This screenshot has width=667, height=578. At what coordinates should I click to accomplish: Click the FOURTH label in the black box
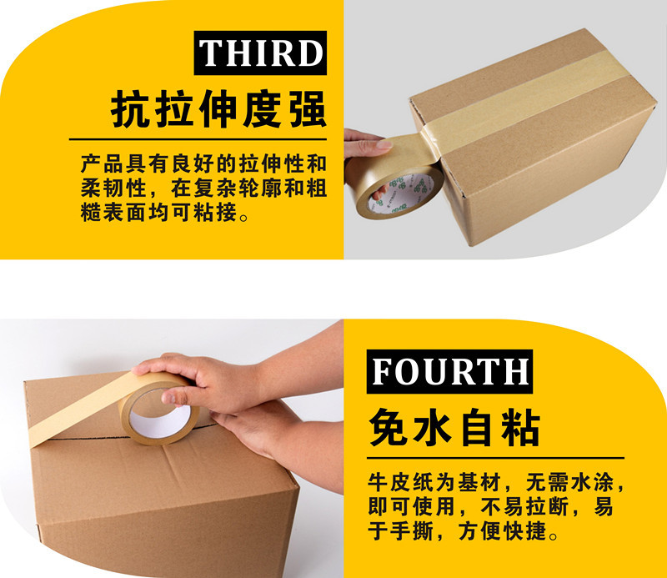click(x=449, y=369)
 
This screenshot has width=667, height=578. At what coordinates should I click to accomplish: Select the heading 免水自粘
click(x=454, y=428)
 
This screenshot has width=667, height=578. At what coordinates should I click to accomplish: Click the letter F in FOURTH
click(x=383, y=370)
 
